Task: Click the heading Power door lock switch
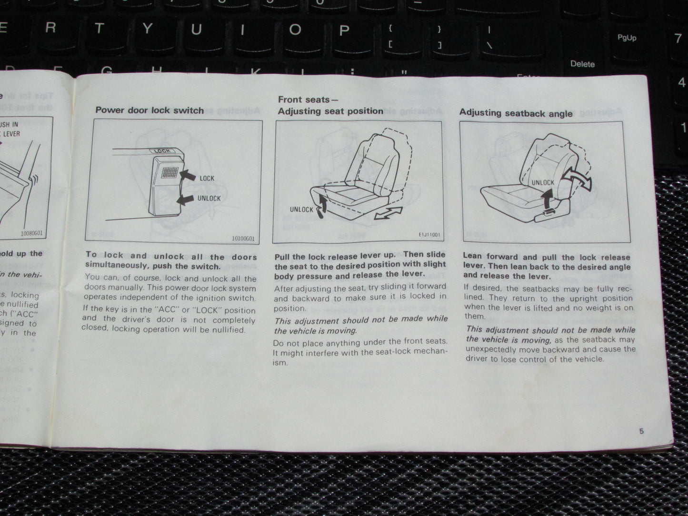pos(150,110)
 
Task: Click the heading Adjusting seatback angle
pos(516,113)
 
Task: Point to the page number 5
pos(641,431)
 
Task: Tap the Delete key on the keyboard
pos(582,64)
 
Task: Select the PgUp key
pos(627,38)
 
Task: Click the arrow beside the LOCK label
pos(188,176)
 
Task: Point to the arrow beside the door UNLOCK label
pos(187,199)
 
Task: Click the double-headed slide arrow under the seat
pos(388,213)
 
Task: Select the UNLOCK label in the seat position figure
pos(301,209)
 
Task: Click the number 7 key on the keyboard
pos(678,38)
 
